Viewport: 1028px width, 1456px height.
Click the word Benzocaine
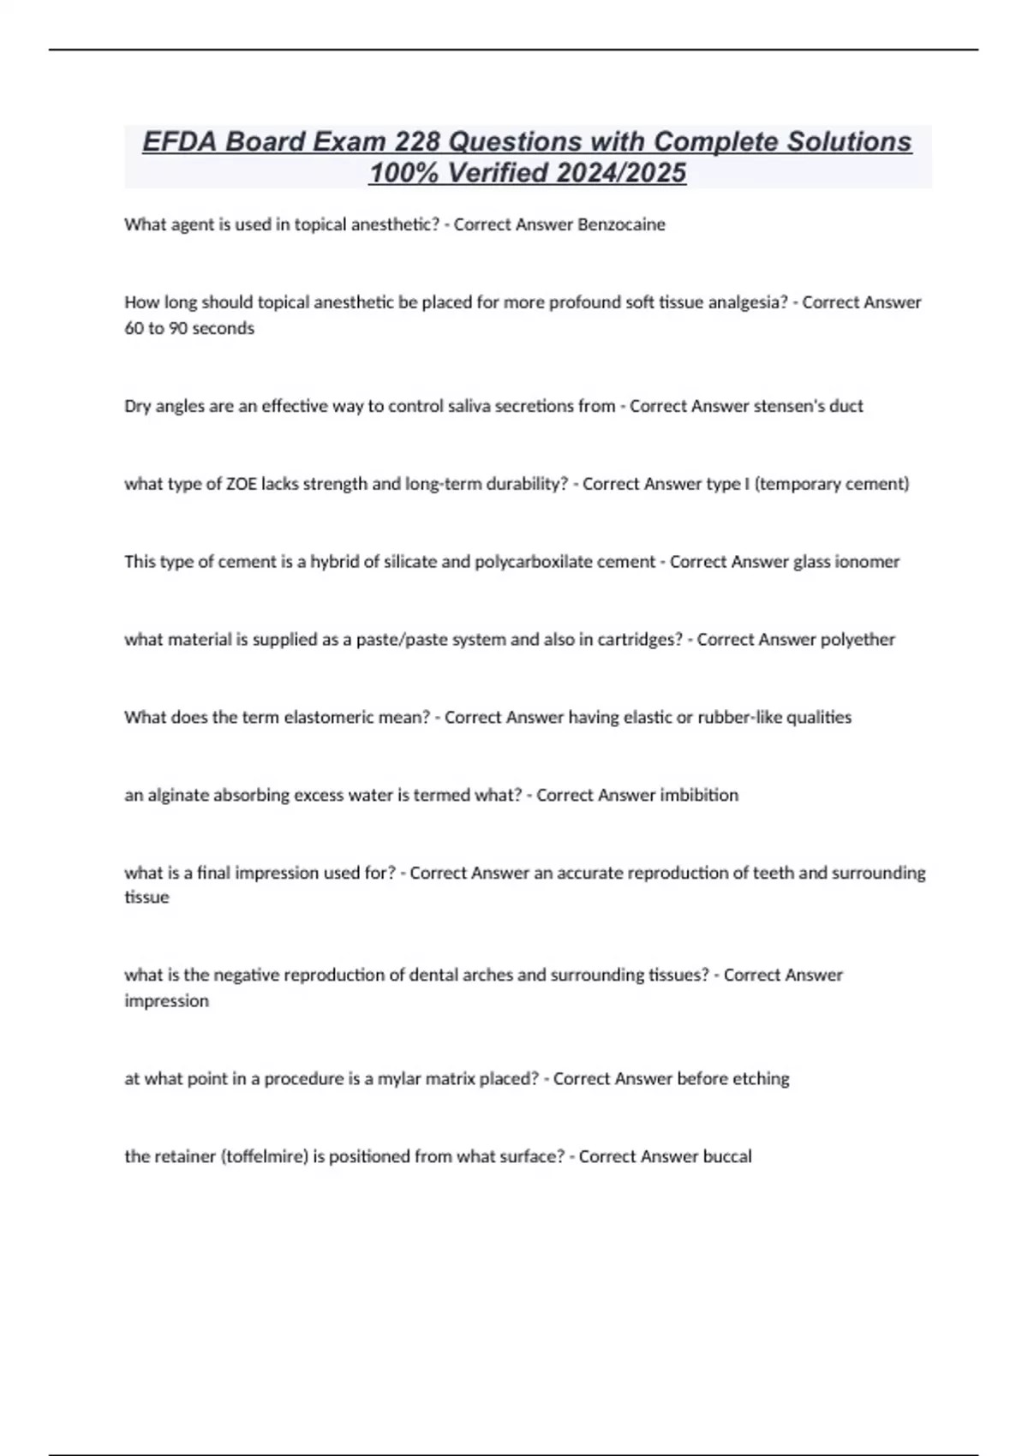click(x=621, y=224)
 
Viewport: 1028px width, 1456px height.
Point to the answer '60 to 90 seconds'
click(x=189, y=328)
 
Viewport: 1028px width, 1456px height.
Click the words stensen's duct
click(x=808, y=406)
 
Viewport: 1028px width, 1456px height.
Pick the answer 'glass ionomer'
click(x=846, y=562)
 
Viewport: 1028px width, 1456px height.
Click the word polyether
click(x=858, y=640)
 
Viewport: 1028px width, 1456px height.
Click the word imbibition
click(x=698, y=796)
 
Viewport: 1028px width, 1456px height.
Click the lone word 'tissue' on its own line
click(x=146, y=898)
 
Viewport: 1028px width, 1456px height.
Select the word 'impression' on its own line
click(x=166, y=1001)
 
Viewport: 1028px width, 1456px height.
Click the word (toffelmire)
click(x=264, y=1157)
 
